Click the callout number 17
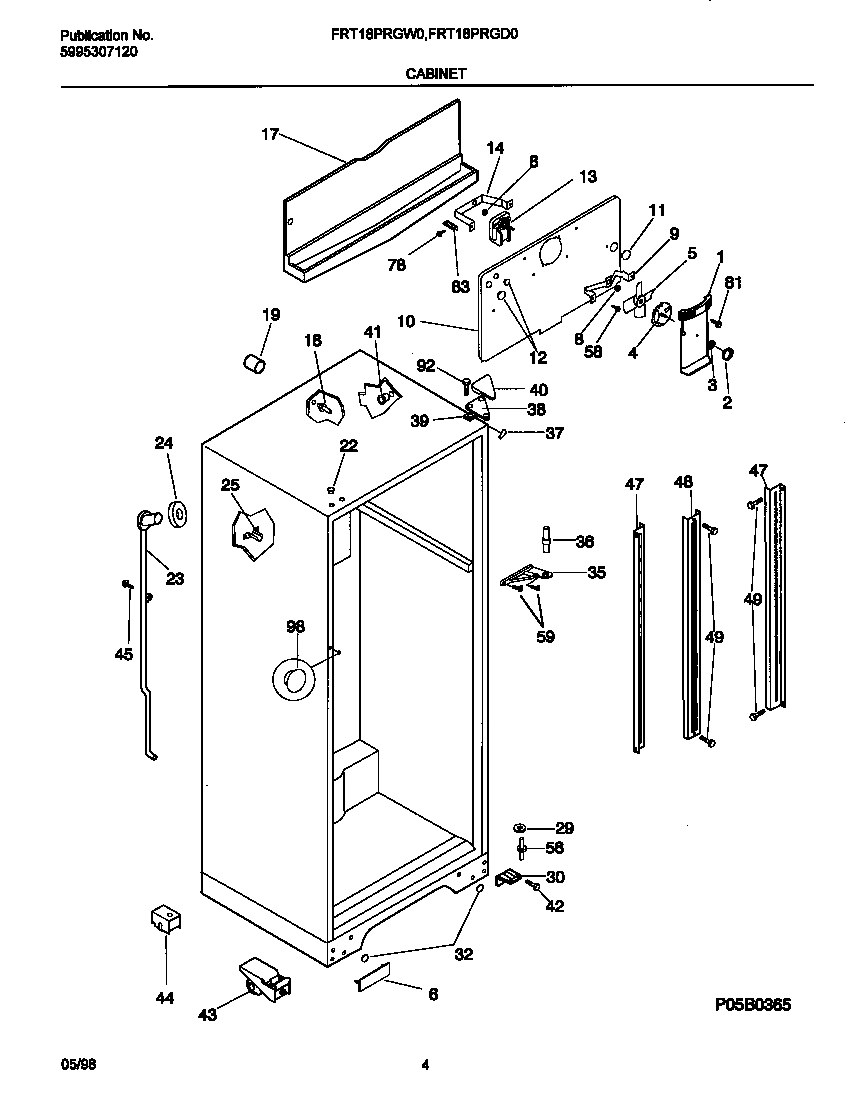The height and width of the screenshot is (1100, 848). [x=269, y=136]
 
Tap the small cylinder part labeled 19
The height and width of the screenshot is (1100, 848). [x=255, y=360]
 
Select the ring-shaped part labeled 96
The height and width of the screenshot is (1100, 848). [x=294, y=681]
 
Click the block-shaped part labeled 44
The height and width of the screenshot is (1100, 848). [x=163, y=920]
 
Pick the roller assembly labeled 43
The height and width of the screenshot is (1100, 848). [x=264, y=979]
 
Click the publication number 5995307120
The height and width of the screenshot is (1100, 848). [x=93, y=51]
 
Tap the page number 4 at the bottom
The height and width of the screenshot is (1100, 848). [x=425, y=1066]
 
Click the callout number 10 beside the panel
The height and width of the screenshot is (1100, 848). [x=405, y=323]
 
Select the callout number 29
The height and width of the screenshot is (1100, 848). [x=565, y=828]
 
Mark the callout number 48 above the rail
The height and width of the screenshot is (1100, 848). [x=683, y=483]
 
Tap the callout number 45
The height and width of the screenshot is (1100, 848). [x=123, y=654]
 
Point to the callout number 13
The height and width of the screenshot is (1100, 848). [x=559, y=177]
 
